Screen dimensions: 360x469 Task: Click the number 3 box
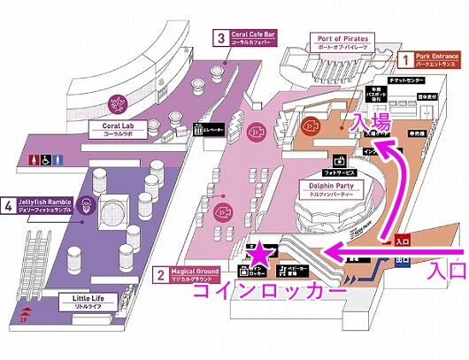tap(219, 38)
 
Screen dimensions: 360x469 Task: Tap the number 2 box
tap(159, 276)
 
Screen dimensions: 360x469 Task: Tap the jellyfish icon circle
tap(87, 207)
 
